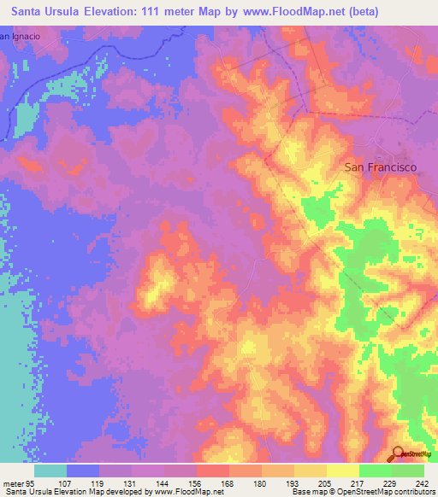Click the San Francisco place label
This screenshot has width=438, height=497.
click(x=380, y=168)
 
